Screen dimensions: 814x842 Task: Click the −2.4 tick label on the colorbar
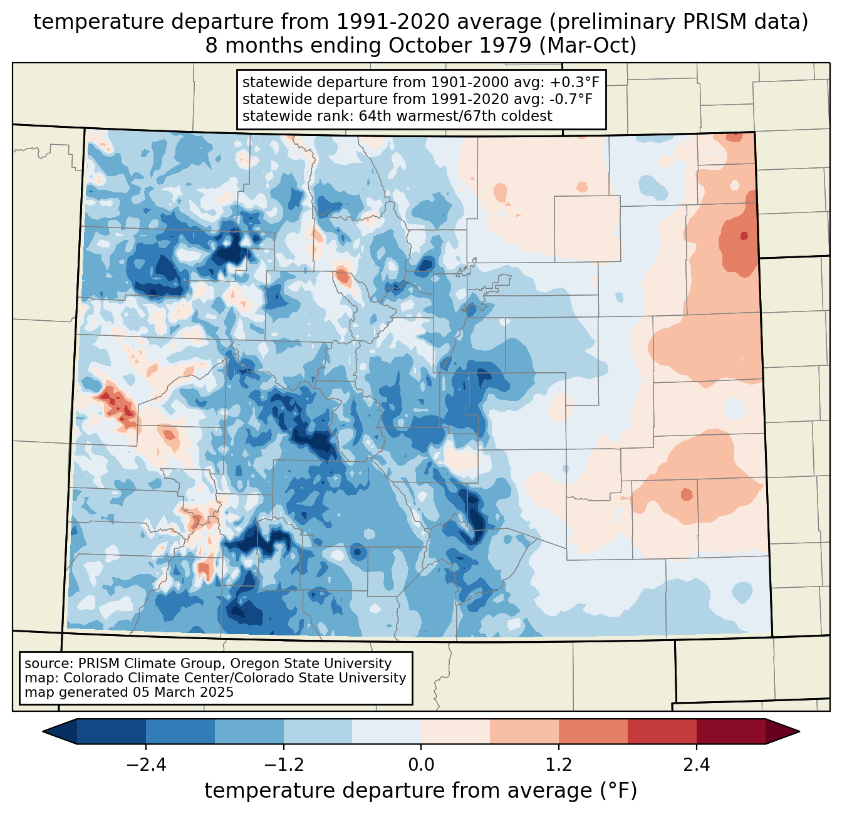tap(145, 765)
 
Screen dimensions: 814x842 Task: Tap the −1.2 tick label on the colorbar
tap(283, 765)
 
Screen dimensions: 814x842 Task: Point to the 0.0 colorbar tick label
tap(421, 765)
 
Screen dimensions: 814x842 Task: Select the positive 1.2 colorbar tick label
tap(559, 765)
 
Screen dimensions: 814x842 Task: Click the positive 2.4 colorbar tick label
tap(696, 765)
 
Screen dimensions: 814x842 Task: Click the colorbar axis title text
tap(421, 791)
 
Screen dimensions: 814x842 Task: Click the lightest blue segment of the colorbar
tap(387, 731)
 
